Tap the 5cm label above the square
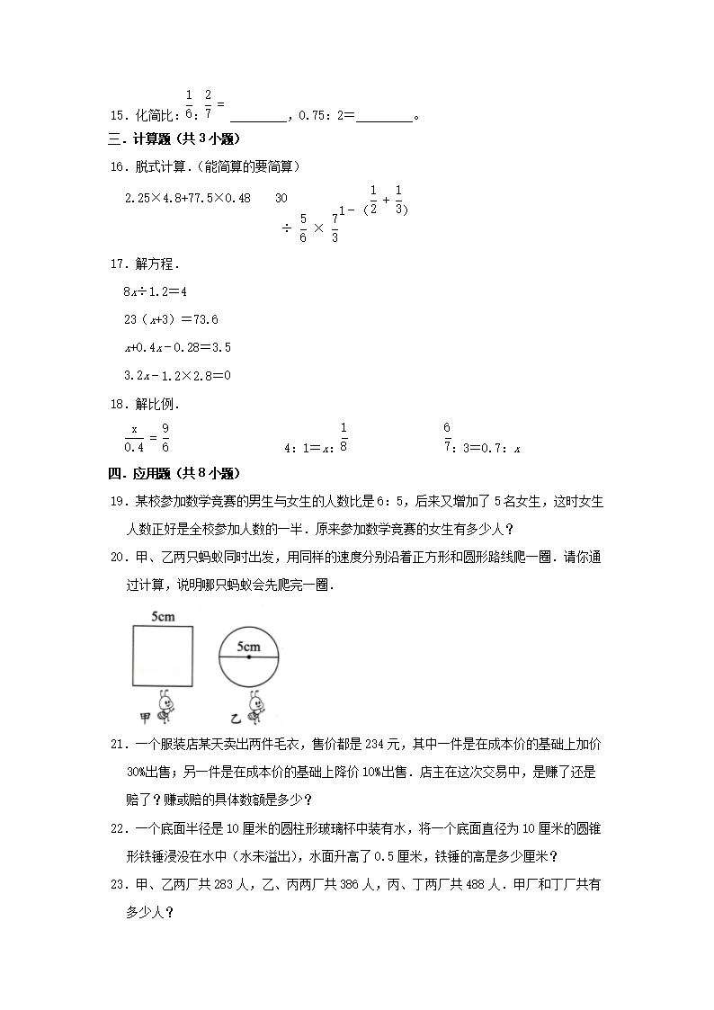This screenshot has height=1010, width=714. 163,617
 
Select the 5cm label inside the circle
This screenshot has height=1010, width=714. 249,647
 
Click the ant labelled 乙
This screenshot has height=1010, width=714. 254,707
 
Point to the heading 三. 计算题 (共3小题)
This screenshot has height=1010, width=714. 174,139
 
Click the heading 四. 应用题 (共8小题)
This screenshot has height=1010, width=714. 174,473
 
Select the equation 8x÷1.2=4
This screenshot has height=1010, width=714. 154,291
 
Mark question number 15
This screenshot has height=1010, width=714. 117,115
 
